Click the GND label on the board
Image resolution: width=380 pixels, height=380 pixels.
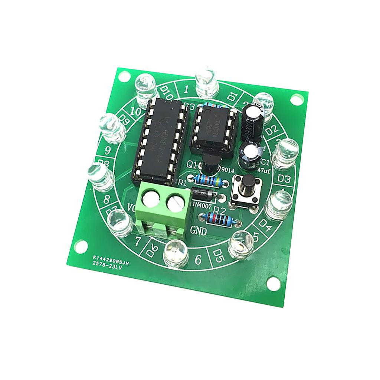(x=200, y=230)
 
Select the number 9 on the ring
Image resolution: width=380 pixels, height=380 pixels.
(x=108, y=150)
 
